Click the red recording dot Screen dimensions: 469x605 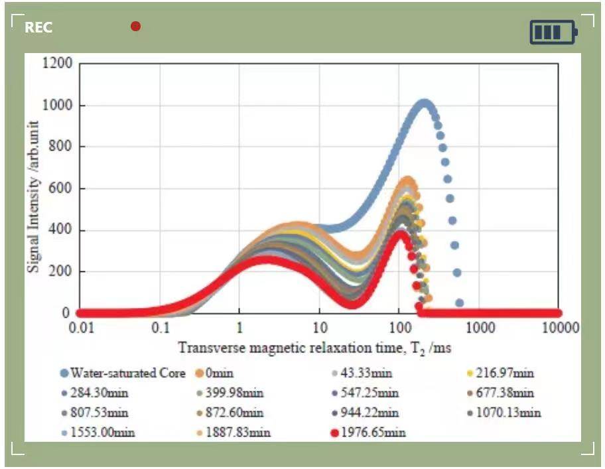point(135,27)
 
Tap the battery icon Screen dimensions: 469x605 point(553,32)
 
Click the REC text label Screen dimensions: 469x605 point(38,28)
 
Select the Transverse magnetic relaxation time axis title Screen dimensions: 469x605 point(314,348)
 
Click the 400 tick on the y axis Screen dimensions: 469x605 point(60,230)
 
